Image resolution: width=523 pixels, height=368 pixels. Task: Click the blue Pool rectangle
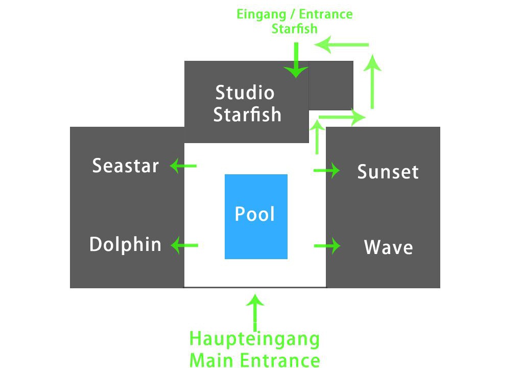256,216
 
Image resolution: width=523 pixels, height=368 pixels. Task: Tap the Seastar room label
126,166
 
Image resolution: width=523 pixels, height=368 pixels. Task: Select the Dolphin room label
125,244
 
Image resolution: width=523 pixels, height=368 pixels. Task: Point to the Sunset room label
388,172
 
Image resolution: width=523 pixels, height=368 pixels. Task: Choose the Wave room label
388,247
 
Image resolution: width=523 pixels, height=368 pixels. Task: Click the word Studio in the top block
245,93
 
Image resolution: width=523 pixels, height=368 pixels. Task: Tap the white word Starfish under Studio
247,114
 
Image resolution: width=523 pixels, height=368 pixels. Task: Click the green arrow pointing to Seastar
183,166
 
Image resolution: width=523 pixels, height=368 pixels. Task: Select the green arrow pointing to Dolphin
184,245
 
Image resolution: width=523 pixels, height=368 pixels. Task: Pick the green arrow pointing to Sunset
327,170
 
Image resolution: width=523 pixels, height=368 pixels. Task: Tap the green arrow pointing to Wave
327,246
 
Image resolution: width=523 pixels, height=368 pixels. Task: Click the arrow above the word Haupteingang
255,312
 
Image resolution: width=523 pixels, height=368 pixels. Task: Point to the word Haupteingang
254,339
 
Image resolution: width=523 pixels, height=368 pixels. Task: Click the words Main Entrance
254,359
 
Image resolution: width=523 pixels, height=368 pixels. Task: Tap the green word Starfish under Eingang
294,28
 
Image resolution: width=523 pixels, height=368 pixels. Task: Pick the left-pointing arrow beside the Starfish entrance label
341,45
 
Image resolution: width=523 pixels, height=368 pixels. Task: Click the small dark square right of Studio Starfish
331,85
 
